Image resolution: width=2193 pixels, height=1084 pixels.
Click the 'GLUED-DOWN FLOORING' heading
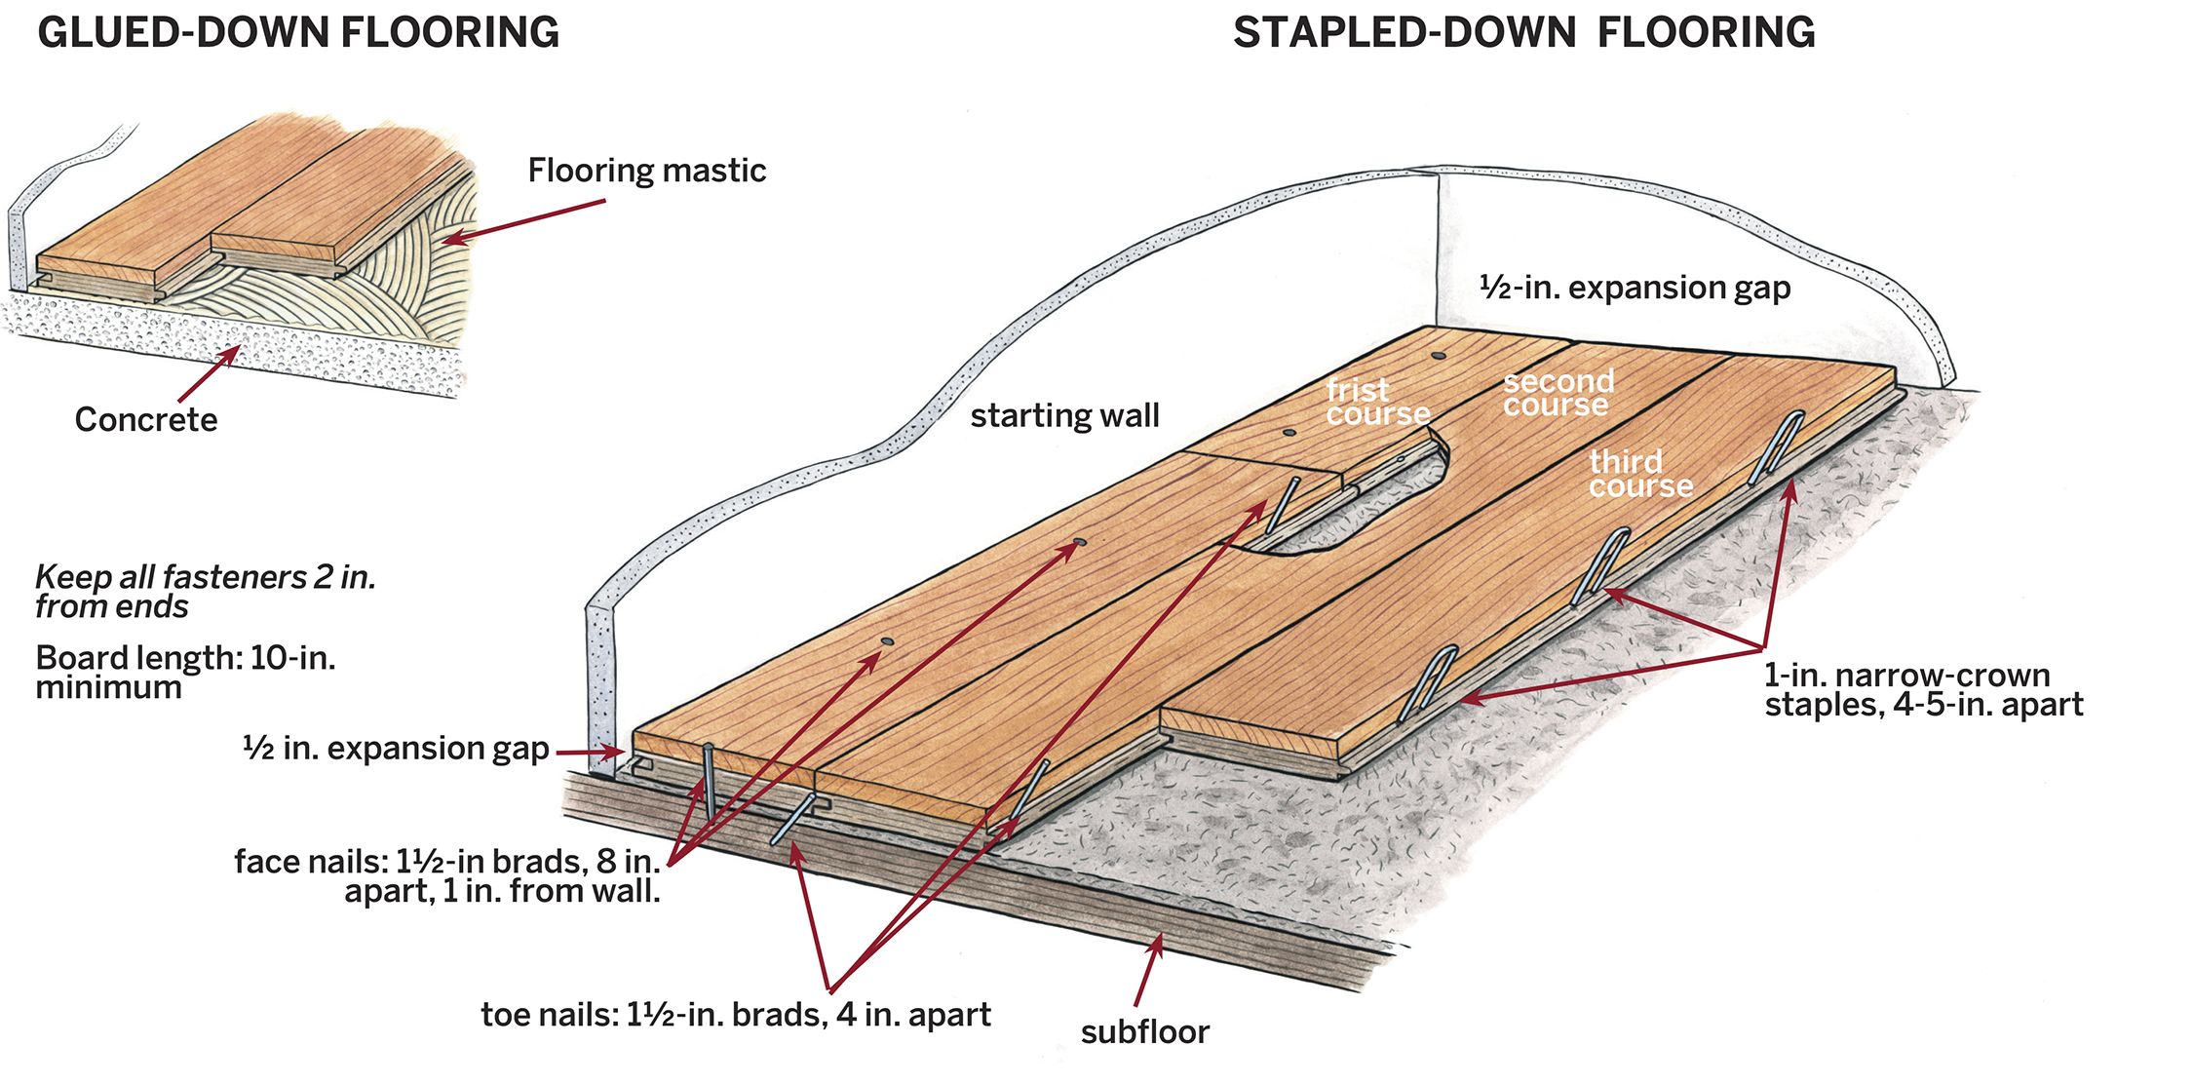(x=298, y=32)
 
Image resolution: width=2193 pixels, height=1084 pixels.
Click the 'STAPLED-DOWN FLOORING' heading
(x=1523, y=32)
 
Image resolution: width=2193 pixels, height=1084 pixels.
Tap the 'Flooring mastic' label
(x=646, y=171)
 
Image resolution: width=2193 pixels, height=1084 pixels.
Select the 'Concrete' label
(x=146, y=419)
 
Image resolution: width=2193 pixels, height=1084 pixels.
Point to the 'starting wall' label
(x=1064, y=415)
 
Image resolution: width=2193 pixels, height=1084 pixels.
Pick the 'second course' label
(x=1558, y=393)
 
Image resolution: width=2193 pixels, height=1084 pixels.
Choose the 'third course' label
(x=1640, y=474)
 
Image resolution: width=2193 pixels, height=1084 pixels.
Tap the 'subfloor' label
(x=1144, y=1031)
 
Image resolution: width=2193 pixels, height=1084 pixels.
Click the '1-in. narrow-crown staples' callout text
(x=1922, y=689)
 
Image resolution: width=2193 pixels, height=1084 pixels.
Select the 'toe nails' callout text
(x=735, y=1015)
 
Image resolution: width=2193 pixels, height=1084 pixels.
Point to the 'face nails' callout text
(x=448, y=875)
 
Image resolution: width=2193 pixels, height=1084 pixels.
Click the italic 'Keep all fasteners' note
(x=205, y=592)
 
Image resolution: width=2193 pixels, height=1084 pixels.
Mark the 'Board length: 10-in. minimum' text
(x=185, y=672)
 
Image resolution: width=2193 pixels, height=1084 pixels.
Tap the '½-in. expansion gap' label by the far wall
(x=1635, y=288)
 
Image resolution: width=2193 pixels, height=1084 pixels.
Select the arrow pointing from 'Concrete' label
(x=209, y=372)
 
